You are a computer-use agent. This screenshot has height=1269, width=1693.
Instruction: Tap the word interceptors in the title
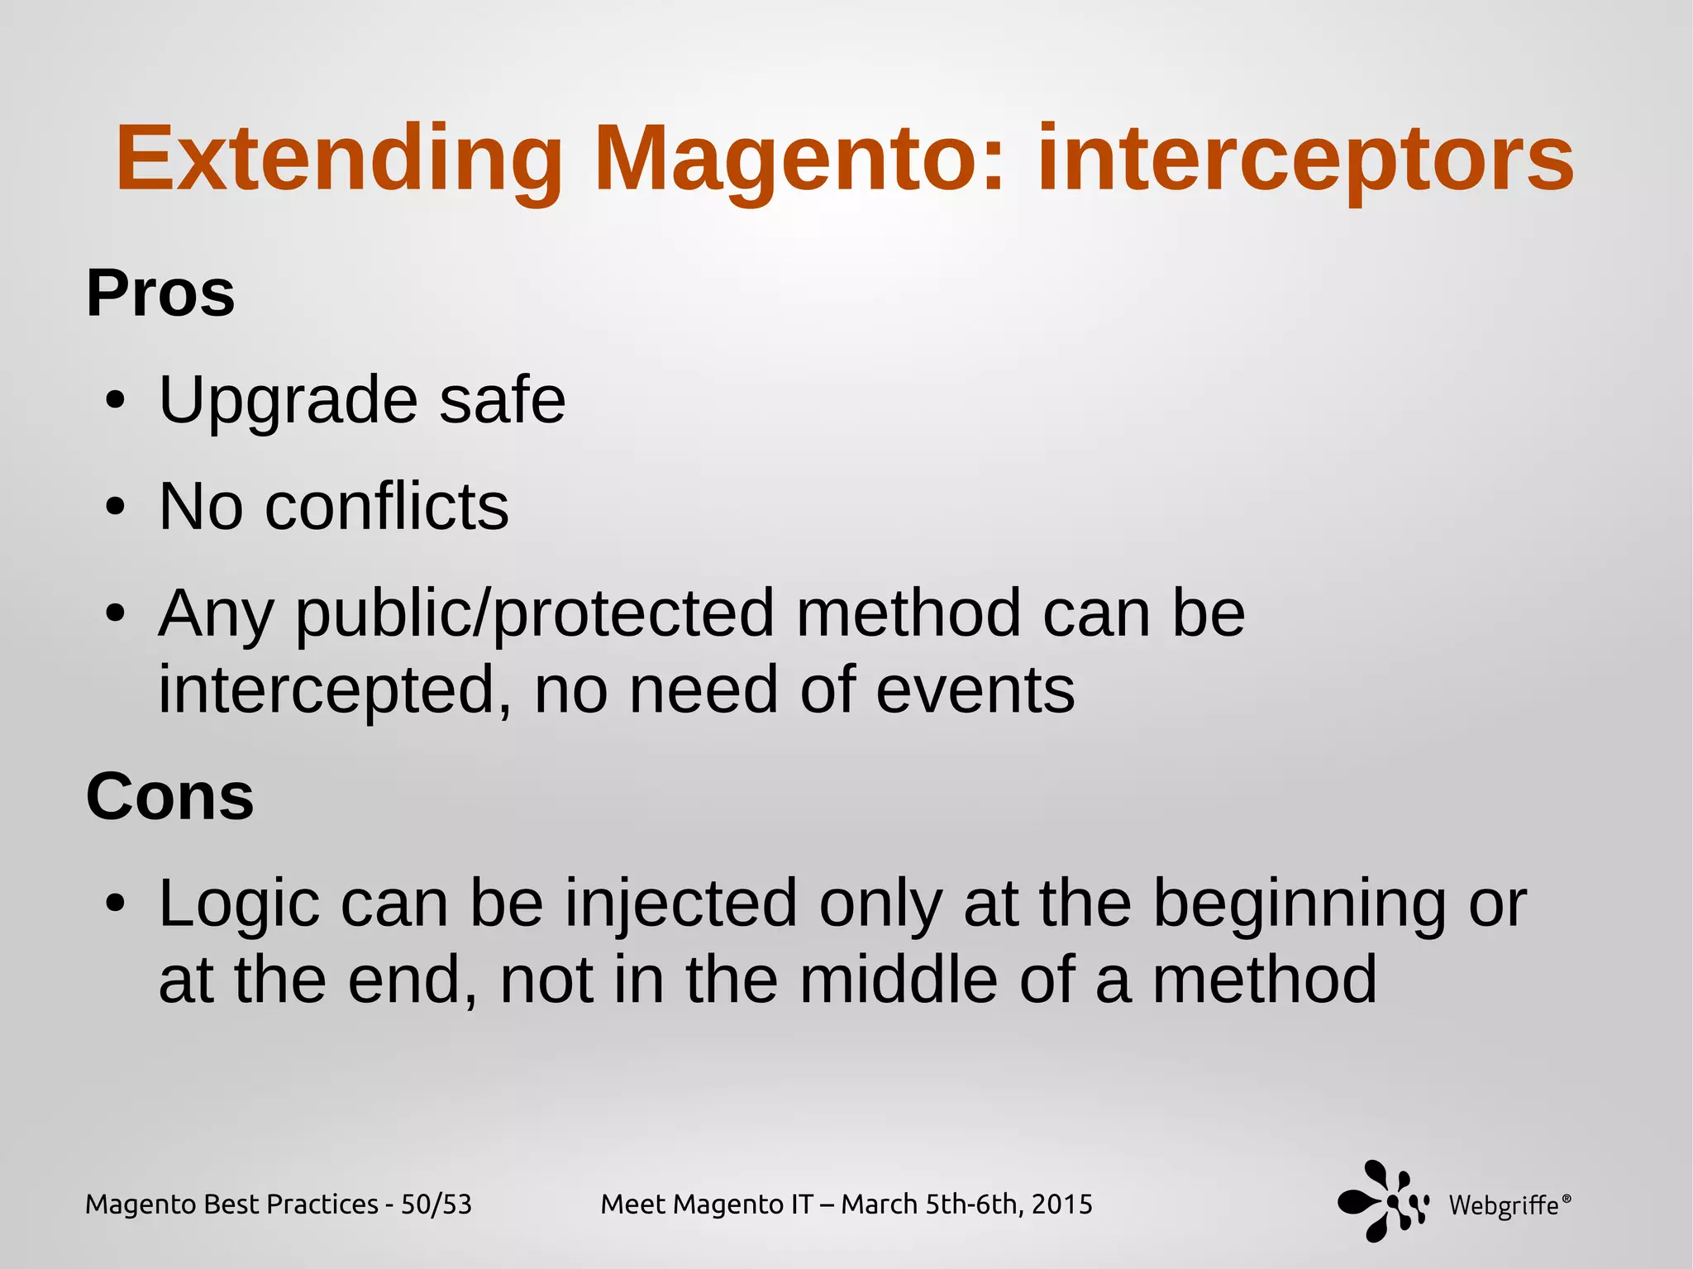(1305, 160)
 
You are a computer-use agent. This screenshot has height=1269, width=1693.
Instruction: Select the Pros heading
(160, 293)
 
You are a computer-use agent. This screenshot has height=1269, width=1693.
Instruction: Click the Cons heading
(169, 796)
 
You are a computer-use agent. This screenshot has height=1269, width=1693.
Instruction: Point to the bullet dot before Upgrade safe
(116, 402)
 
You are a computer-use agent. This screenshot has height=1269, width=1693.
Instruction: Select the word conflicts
(386, 507)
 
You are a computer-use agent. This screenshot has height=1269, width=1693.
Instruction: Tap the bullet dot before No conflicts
(116, 507)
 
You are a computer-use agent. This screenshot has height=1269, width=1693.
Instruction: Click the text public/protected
(535, 614)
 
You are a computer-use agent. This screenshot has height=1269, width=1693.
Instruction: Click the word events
(975, 690)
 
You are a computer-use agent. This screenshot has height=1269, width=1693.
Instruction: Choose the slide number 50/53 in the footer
(436, 1205)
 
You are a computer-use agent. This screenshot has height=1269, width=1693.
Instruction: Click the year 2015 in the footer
(1061, 1205)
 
